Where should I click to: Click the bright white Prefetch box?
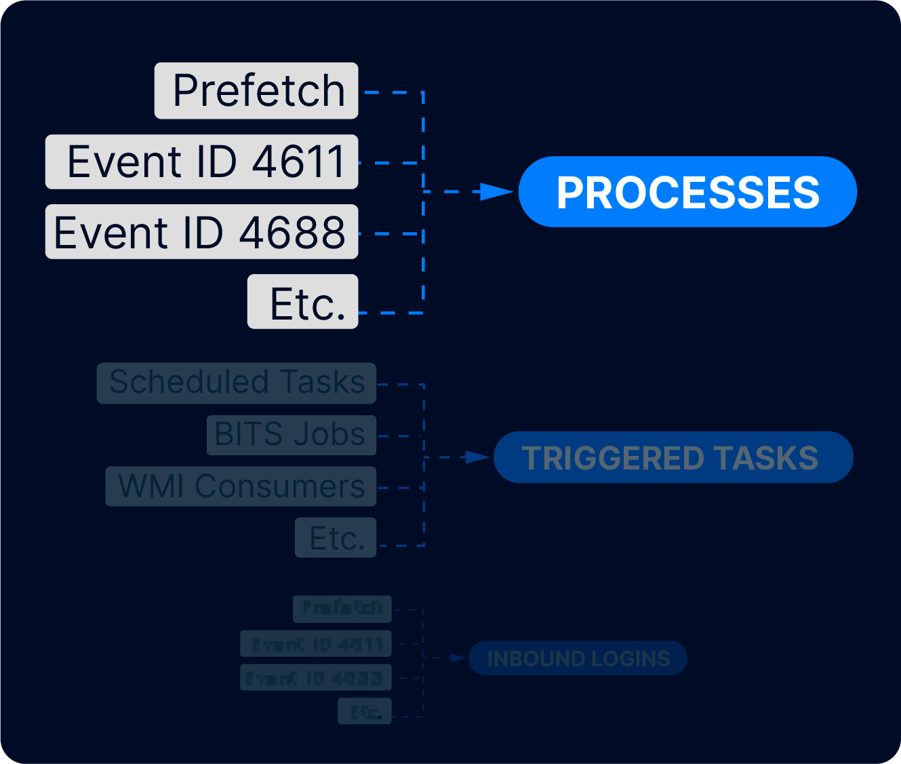point(256,91)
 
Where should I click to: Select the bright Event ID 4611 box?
point(201,162)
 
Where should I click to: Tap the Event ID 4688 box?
point(201,232)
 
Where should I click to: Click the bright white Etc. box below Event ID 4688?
point(302,302)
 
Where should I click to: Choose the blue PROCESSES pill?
point(687,192)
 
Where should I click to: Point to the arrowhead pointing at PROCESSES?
point(496,192)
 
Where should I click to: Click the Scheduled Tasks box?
point(236,383)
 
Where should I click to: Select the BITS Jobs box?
point(292,435)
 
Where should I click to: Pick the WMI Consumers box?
point(241,486)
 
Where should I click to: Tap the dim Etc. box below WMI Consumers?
point(336,538)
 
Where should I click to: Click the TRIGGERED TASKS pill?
point(673,457)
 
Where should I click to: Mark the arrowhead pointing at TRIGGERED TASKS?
point(477,457)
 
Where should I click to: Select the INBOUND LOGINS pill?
point(578,658)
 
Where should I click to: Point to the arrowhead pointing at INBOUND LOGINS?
point(459,658)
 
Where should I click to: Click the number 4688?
point(292,233)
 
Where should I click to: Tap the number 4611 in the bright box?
point(298,162)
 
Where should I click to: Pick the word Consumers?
point(279,486)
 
